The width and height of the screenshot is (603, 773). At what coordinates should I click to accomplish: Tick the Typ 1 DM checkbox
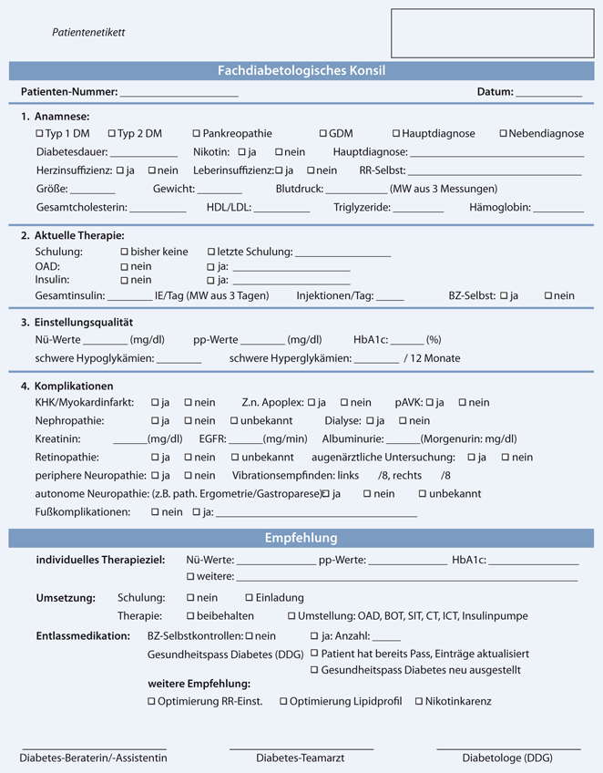click(38, 133)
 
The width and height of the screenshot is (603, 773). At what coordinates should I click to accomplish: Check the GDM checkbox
click(323, 133)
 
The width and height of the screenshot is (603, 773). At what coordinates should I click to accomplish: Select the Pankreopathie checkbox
click(196, 133)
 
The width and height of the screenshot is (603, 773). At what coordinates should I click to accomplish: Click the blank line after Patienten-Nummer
click(178, 93)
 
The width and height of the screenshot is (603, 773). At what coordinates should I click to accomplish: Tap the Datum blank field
click(548, 93)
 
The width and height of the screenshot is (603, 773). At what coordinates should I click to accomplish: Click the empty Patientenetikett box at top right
click(491, 34)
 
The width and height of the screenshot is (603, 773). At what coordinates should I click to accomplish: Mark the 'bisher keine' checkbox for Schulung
click(124, 252)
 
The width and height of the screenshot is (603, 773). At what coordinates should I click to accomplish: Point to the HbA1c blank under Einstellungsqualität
click(406, 340)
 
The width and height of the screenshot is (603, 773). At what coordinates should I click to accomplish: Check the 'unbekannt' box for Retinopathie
click(234, 457)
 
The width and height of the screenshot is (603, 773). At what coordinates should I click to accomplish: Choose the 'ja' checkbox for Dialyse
click(370, 420)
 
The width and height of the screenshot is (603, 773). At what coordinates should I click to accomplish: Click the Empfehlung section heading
click(301, 538)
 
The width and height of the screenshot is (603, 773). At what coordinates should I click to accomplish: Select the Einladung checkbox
click(249, 597)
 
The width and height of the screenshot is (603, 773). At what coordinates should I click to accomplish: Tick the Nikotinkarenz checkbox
click(418, 701)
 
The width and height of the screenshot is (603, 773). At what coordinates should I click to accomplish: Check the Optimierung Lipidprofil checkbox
click(284, 701)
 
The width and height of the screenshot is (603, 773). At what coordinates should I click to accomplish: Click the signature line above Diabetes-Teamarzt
click(301, 747)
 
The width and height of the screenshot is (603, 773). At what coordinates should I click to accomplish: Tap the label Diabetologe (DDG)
click(506, 758)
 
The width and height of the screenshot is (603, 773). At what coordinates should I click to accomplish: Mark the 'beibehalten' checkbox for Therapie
click(189, 616)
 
